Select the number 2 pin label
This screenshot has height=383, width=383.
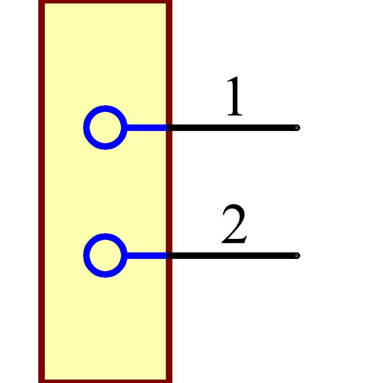point(234,224)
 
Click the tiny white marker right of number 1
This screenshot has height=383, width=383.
point(297,127)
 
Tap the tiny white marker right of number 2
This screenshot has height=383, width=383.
point(297,255)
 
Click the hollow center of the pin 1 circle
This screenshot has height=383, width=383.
point(105,128)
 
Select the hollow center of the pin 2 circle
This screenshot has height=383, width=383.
point(105,255)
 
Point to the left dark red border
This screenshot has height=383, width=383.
point(41,191)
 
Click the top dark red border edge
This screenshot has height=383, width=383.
point(105,2)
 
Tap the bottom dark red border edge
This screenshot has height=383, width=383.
point(105,381)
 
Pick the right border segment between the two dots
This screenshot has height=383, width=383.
point(169,191)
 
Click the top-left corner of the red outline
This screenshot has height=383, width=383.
point(41,2)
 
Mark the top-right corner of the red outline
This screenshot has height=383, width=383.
point(169,2)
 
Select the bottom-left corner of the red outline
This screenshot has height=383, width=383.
point(41,381)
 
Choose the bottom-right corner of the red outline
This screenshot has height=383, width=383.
point(169,381)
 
